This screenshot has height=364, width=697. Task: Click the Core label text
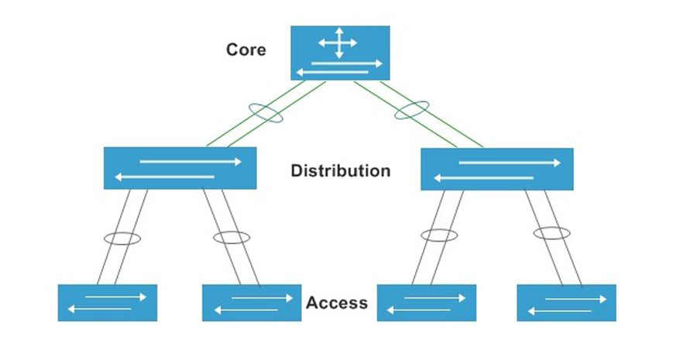pyautogui.click(x=245, y=50)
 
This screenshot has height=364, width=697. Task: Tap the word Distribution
pyautogui.click(x=340, y=170)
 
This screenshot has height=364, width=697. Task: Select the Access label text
pyautogui.click(x=336, y=303)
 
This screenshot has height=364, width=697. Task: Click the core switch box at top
pyautogui.click(x=340, y=53)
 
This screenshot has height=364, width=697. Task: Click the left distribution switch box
pyautogui.click(x=180, y=168)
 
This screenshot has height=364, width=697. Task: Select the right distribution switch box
pyautogui.click(x=496, y=169)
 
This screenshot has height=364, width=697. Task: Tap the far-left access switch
pyautogui.click(x=108, y=303)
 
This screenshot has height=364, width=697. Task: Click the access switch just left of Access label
pyautogui.click(x=252, y=303)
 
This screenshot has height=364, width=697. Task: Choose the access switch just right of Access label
pyautogui.click(x=427, y=303)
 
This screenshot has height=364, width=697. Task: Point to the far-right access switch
pyautogui.click(x=566, y=303)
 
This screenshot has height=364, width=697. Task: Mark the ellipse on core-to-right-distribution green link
pyautogui.click(x=413, y=111)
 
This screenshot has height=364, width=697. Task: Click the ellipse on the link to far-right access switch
pyautogui.click(x=551, y=232)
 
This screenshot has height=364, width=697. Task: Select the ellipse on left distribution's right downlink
pyautogui.click(x=232, y=237)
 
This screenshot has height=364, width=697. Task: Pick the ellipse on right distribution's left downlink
pyautogui.click(x=438, y=235)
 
